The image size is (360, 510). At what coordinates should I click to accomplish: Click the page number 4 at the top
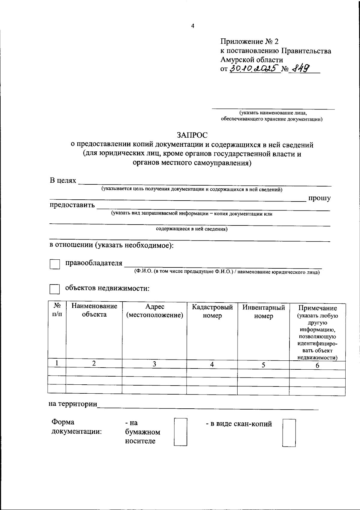pos(193,26)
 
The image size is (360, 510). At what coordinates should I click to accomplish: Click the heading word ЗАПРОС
pos(192,135)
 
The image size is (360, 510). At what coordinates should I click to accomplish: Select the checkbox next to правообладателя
pos(55,264)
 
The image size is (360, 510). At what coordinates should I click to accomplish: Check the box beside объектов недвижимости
pos(55,289)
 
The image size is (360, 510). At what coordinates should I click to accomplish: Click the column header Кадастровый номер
pos(212,311)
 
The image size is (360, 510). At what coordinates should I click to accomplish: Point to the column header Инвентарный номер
pos(263,312)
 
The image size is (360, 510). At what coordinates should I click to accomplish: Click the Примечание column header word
pos(317,308)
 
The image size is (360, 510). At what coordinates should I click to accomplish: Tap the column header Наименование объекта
pos(94,310)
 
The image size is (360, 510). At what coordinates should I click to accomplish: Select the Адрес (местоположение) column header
pos(154,311)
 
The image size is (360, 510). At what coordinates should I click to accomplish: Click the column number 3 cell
pos(154,364)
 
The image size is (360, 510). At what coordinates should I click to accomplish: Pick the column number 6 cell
pos(317,365)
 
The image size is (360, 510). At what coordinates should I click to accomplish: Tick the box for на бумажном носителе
pos(180,432)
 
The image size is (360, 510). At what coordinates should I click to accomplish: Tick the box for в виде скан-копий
pos(289,433)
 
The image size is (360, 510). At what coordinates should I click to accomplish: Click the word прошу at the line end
pos(319,198)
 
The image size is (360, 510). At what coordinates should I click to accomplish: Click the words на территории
pos(73,404)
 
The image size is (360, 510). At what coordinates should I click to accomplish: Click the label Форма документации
pos(76,427)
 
